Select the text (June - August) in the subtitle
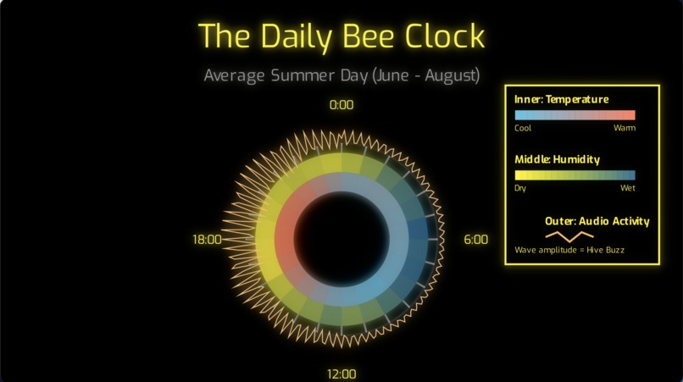coord(426,75)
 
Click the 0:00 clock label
coord(341,105)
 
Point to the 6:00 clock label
coord(475,240)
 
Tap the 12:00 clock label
coord(341,374)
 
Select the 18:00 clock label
coord(207,240)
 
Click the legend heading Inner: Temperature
coord(561,99)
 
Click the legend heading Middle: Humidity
coord(557,159)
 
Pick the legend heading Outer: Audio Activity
coord(597,221)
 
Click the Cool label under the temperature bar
coord(523,129)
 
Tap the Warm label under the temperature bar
coord(625,129)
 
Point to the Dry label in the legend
coord(520,188)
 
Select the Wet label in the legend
coord(627,188)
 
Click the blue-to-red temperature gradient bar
coord(575,115)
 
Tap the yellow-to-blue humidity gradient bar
coord(575,175)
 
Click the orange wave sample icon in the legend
coord(569,235)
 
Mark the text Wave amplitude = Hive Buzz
coord(569,250)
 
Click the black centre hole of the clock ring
coord(341,240)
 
